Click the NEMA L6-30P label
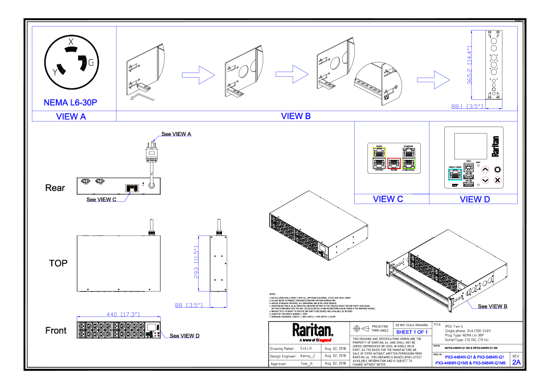tap(70, 103)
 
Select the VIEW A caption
tap(71, 117)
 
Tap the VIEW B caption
tap(296, 116)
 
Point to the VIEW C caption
tap(388, 199)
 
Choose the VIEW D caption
tap(475, 199)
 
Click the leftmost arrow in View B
tap(199, 75)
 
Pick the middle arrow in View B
tap(292, 74)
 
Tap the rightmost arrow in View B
tap(434, 80)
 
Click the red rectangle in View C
tap(393, 163)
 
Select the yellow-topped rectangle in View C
tap(379, 158)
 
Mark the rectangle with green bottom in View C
tap(409, 158)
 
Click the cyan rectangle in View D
tap(455, 175)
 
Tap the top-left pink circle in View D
tap(485, 170)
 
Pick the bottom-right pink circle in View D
tap(497, 180)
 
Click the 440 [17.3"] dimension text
tap(123, 315)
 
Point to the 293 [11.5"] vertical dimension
tap(196, 263)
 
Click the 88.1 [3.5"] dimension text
tap(467, 107)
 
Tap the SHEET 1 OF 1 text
tap(412, 332)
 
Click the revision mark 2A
tap(516, 362)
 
